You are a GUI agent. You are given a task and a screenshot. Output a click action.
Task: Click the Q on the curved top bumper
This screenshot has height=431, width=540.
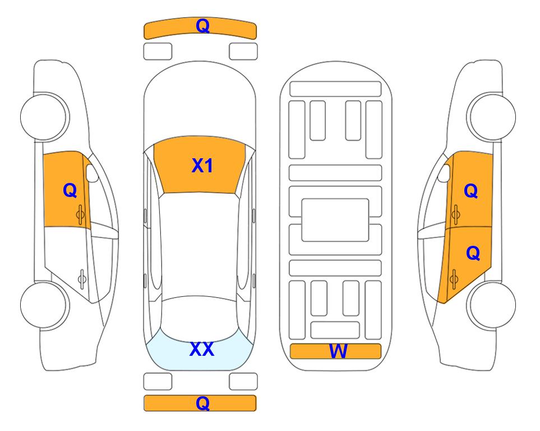(x=202, y=26)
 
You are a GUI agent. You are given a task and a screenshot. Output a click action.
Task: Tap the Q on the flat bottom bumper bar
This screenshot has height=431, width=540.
(x=202, y=403)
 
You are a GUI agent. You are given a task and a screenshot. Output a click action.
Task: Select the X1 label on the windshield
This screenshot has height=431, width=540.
(x=202, y=166)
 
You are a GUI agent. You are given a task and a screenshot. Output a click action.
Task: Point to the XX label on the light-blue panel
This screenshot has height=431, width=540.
(x=202, y=349)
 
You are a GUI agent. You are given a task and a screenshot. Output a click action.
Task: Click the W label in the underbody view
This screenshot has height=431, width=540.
(x=338, y=351)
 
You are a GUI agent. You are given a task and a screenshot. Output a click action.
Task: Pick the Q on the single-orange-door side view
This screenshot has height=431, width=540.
(x=70, y=190)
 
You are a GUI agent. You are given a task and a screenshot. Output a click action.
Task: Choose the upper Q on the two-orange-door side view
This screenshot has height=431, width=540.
(x=471, y=191)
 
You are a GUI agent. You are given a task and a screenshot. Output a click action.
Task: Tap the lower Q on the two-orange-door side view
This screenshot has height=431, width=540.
(x=473, y=254)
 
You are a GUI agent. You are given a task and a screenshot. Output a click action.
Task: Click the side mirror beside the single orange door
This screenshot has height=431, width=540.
(x=92, y=173)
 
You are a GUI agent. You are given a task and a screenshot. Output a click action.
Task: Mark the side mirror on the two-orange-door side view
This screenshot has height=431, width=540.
(x=444, y=173)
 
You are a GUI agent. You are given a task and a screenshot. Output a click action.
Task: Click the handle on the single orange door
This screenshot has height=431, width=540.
(x=80, y=214)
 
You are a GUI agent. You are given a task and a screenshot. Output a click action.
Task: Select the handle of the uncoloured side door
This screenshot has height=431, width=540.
(x=82, y=278)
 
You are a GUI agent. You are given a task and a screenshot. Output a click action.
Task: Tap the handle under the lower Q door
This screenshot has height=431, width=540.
(x=454, y=279)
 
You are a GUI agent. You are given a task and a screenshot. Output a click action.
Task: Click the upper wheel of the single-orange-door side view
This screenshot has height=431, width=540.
(x=45, y=117)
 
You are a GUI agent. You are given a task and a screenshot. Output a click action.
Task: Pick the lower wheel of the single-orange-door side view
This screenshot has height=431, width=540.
(x=45, y=305)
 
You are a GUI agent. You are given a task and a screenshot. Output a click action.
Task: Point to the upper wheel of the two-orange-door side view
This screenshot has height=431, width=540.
(x=491, y=117)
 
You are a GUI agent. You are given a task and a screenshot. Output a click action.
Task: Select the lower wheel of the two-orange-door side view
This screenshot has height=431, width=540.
(x=491, y=305)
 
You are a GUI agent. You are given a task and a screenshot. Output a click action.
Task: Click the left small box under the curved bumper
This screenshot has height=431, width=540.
(x=158, y=52)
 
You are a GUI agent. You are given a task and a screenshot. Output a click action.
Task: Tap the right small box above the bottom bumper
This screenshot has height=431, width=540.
(x=243, y=382)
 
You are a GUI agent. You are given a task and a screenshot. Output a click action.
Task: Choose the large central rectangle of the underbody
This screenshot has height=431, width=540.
(x=335, y=220)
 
